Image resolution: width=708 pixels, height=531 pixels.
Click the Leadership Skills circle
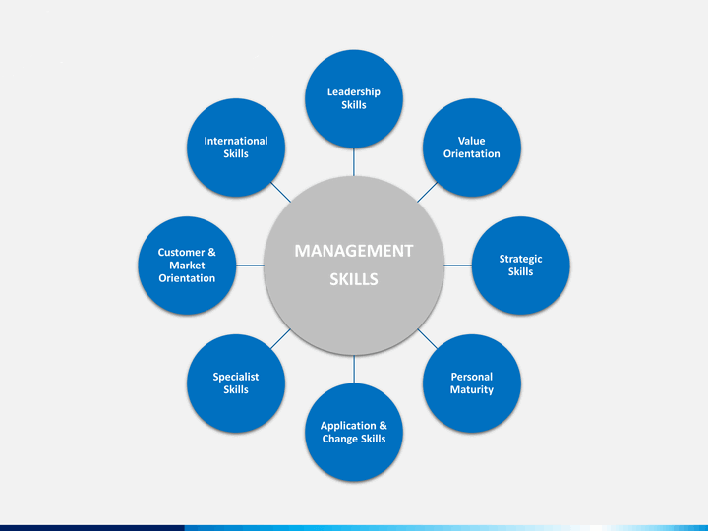[x=354, y=98]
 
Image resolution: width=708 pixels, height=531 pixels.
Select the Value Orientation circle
[x=472, y=147]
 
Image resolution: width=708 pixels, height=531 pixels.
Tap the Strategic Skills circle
[x=520, y=265]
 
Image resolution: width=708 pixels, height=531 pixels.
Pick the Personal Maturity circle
[x=472, y=383]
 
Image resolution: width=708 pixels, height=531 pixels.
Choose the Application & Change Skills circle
[x=354, y=432]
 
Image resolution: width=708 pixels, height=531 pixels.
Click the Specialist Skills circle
[x=236, y=383]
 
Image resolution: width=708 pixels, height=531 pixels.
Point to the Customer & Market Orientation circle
[x=187, y=265]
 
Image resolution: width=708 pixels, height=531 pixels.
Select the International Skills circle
[x=236, y=147]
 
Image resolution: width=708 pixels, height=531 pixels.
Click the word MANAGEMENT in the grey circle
[x=354, y=251]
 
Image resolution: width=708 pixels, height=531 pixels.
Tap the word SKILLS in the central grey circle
[x=354, y=279]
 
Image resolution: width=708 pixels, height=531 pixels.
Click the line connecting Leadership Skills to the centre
[x=354, y=161]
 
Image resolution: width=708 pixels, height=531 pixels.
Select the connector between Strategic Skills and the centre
[x=458, y=265]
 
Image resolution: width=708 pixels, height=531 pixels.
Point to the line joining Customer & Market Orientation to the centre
[x=250, y=265]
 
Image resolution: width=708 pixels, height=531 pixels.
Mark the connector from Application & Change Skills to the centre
[x=354, y=369]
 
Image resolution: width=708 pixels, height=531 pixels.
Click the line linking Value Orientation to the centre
[x=427, y=192]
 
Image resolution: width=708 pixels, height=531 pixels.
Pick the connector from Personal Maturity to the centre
[x=427, y=338]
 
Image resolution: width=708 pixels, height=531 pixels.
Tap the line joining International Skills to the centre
[x=281, y=192]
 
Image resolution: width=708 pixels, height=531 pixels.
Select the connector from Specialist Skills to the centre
[x=280, y=338]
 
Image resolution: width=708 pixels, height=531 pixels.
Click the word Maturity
[x=472, y=389]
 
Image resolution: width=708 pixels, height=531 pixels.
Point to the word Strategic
[x=520, y=259]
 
